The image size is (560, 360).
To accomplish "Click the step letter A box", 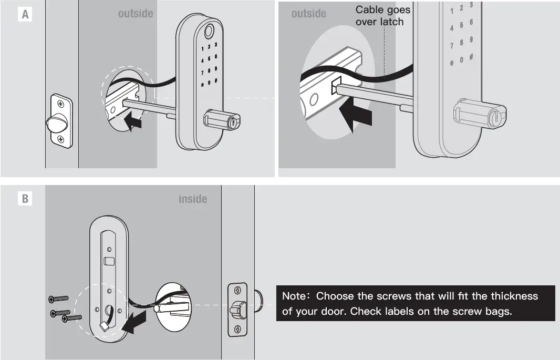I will point(25,15).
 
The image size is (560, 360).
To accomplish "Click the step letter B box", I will point(25,199).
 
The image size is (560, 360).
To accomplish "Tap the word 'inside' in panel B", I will point(193,199).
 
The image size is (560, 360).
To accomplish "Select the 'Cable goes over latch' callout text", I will point(383,16).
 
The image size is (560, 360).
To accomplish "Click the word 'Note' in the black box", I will point(294,296).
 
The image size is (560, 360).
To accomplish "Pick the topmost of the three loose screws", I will point(59,299).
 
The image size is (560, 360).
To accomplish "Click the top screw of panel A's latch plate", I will point(60,102).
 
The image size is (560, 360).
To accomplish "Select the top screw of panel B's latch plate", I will point(237,290).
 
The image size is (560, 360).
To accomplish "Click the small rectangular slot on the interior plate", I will point(109,261).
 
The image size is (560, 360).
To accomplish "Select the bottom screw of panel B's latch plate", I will point(237,330).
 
